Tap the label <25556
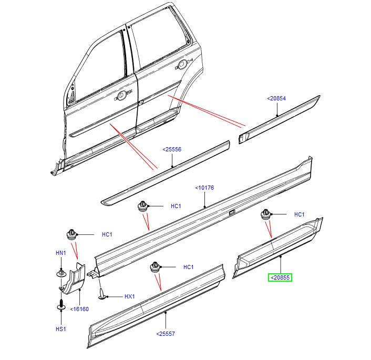172,150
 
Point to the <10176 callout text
204,188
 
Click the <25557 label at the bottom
166,333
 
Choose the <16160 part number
79,309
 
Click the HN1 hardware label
61,253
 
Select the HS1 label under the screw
61,329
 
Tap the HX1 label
129,297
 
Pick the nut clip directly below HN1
61,273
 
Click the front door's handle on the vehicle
121,95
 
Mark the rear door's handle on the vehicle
182,64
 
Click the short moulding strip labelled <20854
279,120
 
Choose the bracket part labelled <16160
71,278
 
